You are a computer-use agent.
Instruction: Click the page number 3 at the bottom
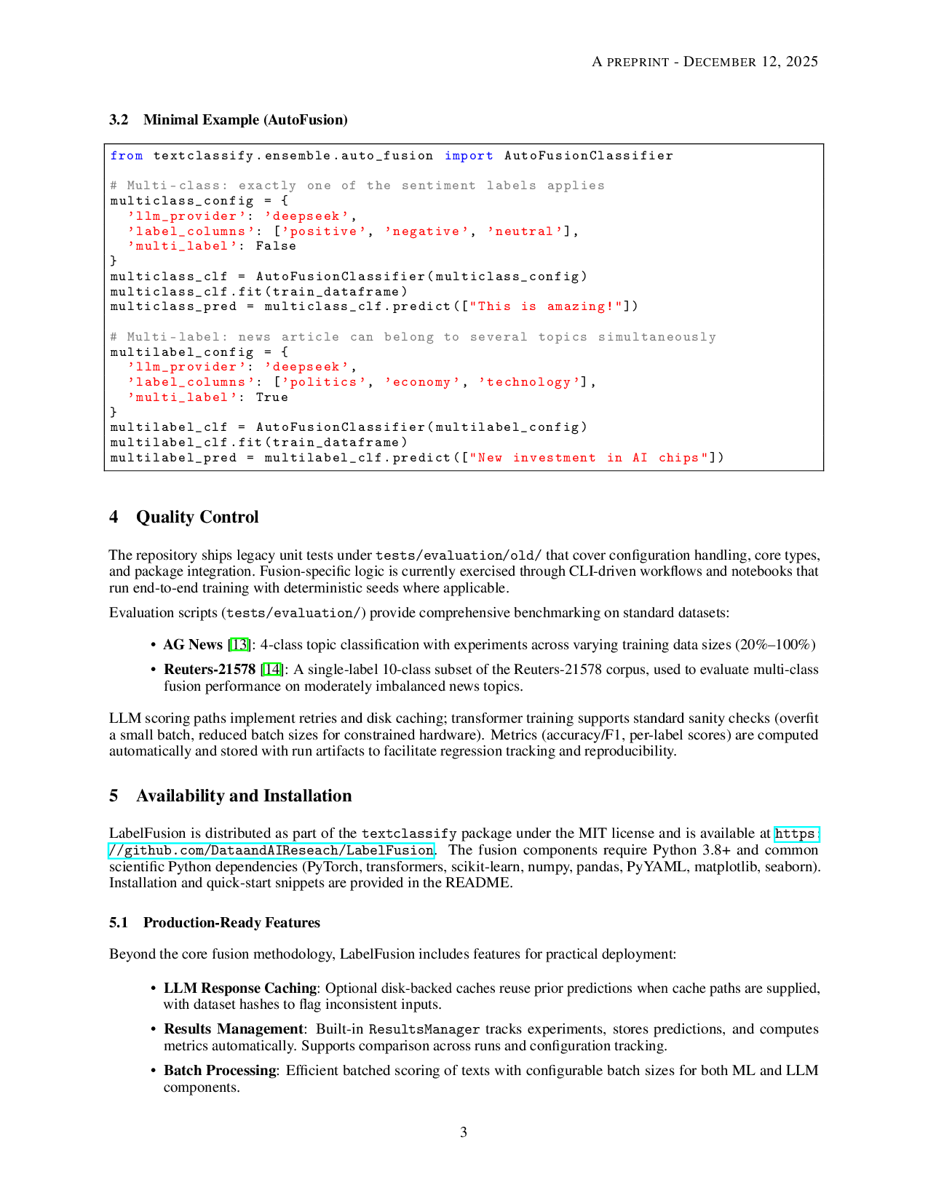pos(464,1133)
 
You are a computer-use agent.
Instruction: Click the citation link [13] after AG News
pos(239,645)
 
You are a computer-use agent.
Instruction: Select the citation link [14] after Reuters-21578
pos(271,670)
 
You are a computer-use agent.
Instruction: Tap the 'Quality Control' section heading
pos(197,518)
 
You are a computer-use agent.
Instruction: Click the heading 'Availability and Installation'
pos(244,796)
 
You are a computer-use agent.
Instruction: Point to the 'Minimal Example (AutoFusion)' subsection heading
pos(245,120)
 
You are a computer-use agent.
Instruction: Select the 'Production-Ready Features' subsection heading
pos(231,923)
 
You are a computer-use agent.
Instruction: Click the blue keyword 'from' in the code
pos(127,156)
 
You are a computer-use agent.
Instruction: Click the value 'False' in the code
pos(276,246)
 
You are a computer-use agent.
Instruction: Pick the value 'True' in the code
pos(271,397)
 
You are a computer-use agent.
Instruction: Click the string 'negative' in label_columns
pos(427,231)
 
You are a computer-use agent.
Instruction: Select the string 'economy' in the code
pos(422,382)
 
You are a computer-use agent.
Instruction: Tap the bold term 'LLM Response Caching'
pos(241,988)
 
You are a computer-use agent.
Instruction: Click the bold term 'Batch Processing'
pos(221,1071)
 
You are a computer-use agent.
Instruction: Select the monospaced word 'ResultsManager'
pos(424,1030)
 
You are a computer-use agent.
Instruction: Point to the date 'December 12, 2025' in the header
pos(750,62)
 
